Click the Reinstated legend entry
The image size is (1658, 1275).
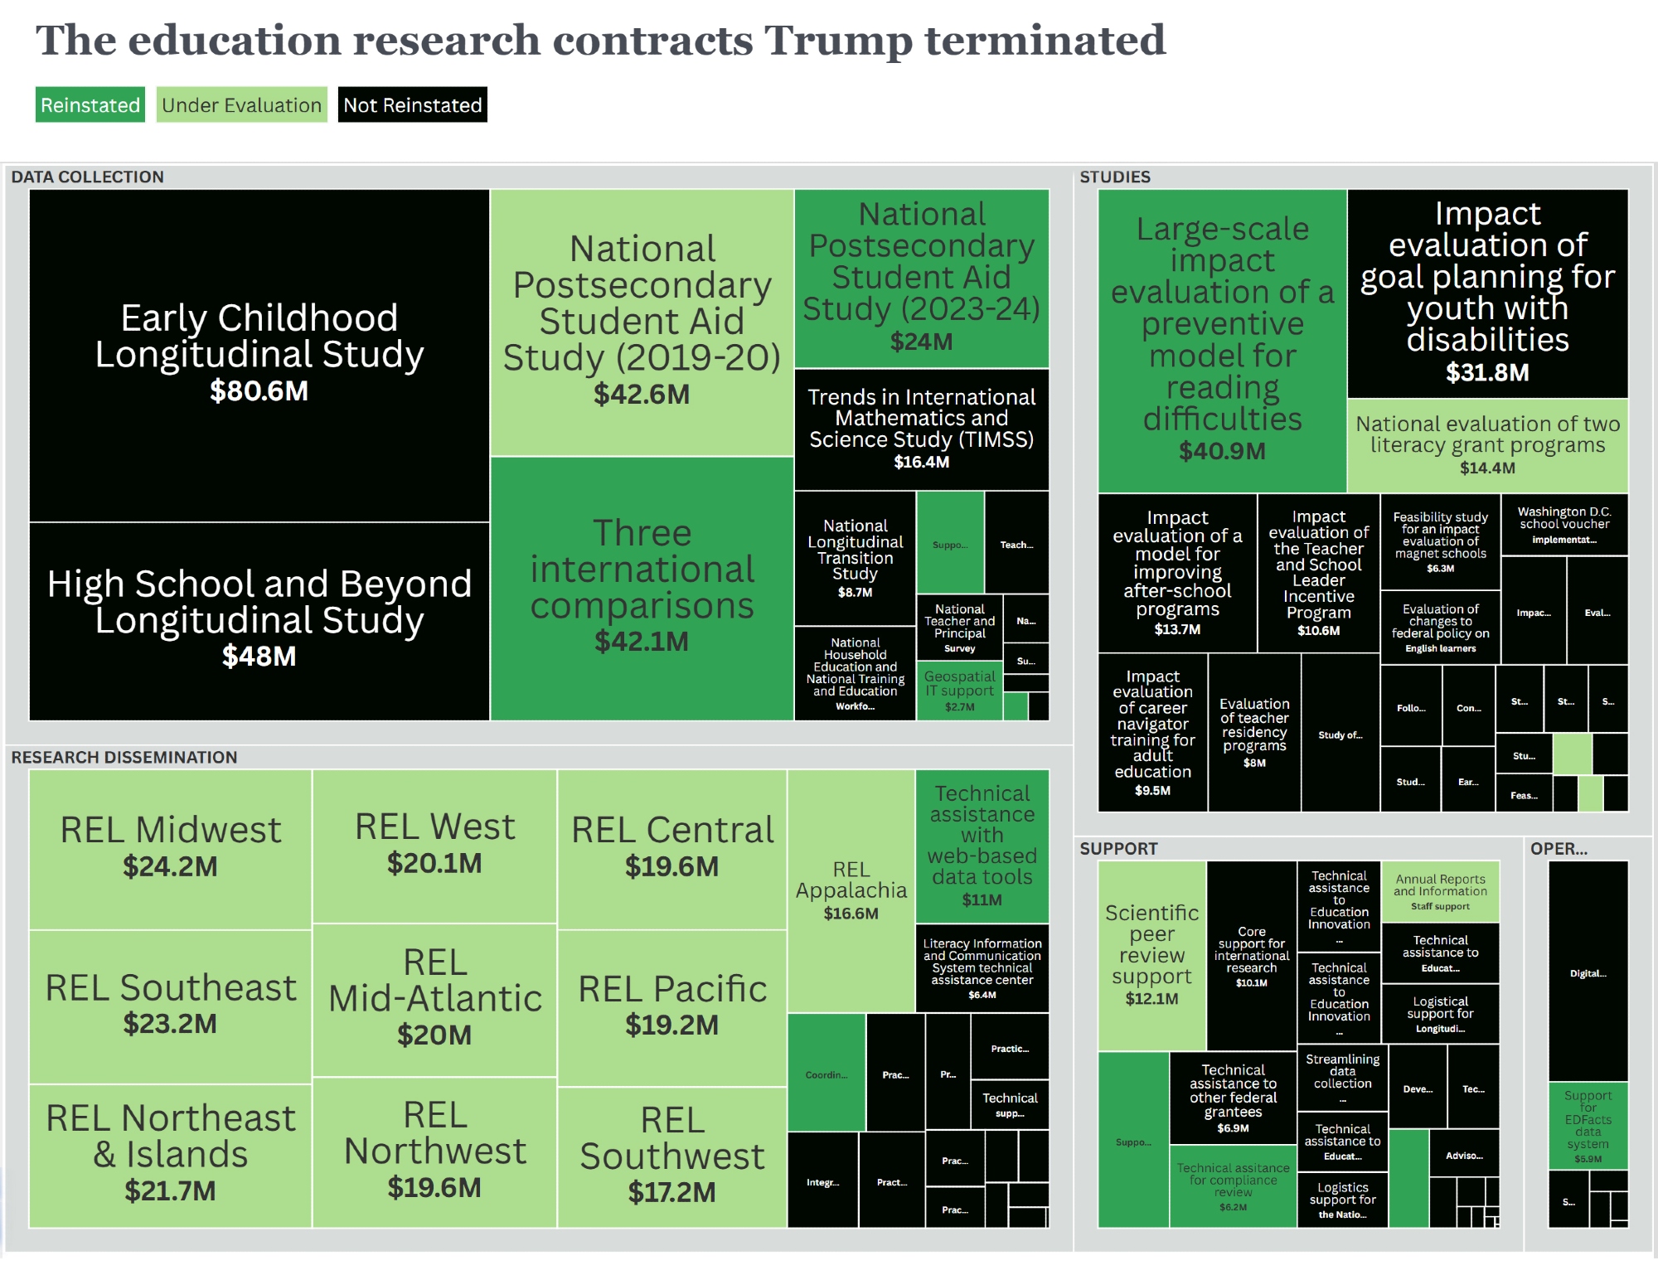90,105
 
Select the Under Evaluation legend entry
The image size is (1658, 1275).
241,105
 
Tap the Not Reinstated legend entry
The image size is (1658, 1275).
412,105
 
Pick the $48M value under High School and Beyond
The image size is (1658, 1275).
259,657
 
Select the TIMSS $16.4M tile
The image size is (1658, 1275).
921,429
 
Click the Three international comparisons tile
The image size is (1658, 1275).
642,587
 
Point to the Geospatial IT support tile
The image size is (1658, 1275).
959,691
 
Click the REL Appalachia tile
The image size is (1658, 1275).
851,890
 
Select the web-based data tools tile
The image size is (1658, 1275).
982,846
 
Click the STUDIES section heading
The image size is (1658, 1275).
1115,177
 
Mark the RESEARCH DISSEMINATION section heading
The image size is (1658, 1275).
124,757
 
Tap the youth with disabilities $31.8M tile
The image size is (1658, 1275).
1487,293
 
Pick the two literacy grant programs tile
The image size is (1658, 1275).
1487,445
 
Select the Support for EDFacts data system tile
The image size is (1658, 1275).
1588,1126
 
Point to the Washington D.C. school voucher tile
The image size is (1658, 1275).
1564,525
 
